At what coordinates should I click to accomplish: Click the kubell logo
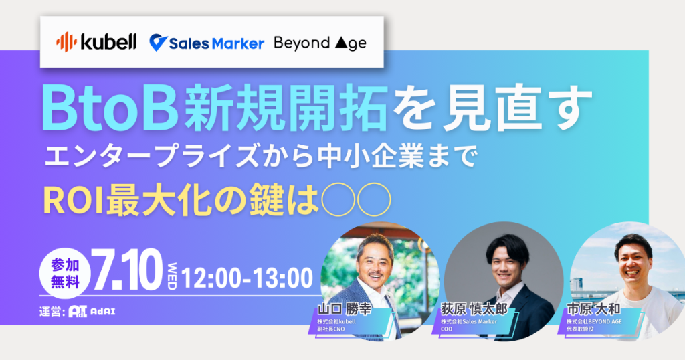[x=96, y=42]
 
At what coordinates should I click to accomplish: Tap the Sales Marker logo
[x=207, y=43]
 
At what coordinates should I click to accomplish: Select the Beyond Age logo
[x=320, y=43]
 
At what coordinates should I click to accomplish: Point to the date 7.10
[x=126, y=271]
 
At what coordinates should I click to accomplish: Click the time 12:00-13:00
[x=247, y=278]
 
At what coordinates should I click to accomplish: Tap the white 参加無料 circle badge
[x=65, y=273]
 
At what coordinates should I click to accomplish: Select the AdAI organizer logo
[x=92, y=312]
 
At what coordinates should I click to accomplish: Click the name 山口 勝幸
[x=345, y=309]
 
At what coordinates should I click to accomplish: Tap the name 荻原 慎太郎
[x=474, y=309]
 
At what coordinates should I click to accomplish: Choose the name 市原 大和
[x=593, y=309]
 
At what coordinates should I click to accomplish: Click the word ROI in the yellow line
[x=74, y=201]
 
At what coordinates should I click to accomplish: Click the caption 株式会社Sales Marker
[x=469, y=322]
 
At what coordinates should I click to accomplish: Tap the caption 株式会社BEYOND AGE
[x=594, y=322]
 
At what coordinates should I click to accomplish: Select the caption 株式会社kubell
[x=337, y=322]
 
